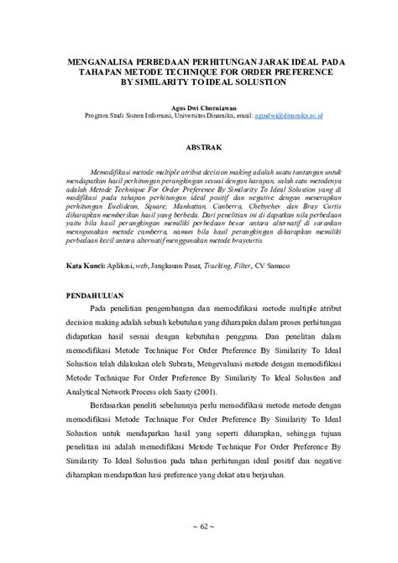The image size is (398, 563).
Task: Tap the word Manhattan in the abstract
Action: (x=185, y=204)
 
